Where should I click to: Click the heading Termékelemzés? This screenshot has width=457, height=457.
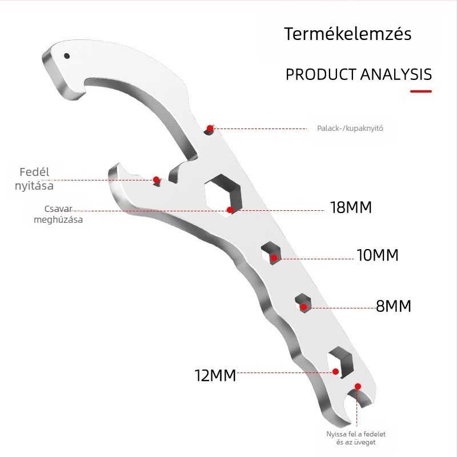348,34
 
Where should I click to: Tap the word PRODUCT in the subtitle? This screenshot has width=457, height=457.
321,74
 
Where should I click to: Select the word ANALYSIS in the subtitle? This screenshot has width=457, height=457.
396,74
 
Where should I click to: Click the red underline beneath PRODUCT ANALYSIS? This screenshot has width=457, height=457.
421,91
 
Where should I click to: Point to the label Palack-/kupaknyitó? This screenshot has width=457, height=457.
350,128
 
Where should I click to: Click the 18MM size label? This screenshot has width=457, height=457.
351,207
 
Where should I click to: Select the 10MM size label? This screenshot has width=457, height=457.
378,255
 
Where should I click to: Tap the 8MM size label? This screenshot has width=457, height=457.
394,306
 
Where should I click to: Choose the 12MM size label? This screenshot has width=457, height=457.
215,375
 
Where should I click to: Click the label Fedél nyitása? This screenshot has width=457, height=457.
34,179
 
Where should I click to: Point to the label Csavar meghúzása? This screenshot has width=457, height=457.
58,214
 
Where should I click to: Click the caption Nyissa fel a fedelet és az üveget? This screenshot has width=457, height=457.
356,438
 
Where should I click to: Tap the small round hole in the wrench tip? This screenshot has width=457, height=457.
67,56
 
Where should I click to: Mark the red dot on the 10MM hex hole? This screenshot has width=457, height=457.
274,258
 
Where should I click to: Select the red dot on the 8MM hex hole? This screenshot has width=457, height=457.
303,307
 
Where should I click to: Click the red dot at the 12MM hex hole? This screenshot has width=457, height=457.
335,372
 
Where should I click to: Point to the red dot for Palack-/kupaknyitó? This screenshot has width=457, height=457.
210,128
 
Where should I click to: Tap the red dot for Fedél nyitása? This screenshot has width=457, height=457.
156,179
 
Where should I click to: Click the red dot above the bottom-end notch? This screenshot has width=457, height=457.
358,387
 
